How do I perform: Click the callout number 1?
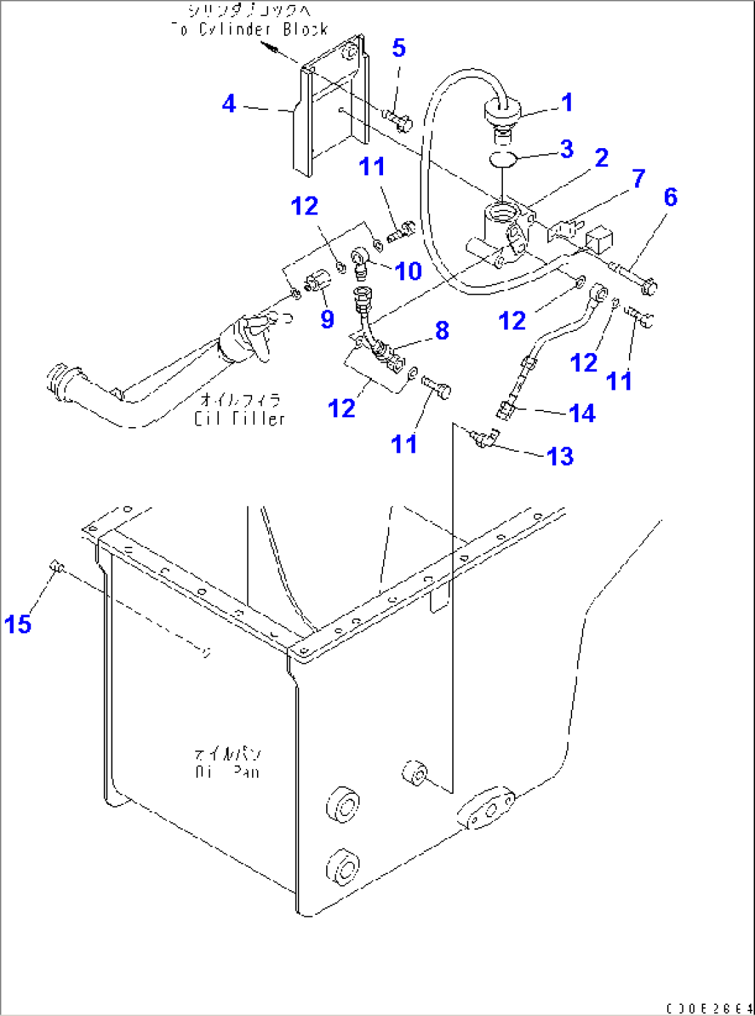click(567, 102)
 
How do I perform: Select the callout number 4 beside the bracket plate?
click(229, 104)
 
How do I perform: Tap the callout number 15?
click(17, 624)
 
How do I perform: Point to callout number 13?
click(560, 457)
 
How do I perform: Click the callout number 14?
click(582, 413)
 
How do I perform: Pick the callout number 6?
click(670, 197)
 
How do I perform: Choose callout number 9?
click(327, 319)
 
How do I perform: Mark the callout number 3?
click(567, 149)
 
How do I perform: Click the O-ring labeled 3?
click(503, 159)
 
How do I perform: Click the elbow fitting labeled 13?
click(485, 438)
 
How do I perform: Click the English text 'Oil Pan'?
click(227, 771)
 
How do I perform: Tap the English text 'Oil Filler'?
click(240, 419)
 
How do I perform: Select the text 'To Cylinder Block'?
click(249, 30)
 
